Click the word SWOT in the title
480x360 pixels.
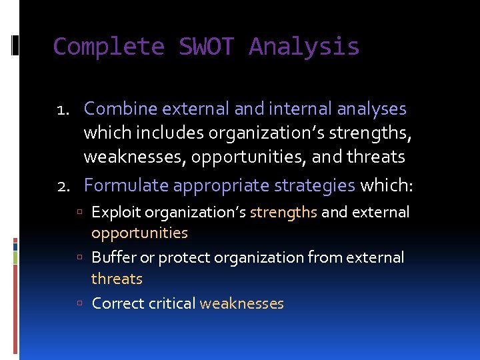click(x=207, y=47)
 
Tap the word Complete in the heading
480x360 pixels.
click(x=109, y=47)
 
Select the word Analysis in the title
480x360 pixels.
click(x=304, y=47)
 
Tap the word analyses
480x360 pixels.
click(x=372, y=108)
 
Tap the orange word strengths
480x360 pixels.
click(x=283, y=213)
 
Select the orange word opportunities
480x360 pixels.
click(x=139, y=233)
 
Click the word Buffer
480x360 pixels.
click(x=113, y=257)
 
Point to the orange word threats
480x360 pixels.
click(x=117, y=279)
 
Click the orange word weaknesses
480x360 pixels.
click(x=241, y=304)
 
